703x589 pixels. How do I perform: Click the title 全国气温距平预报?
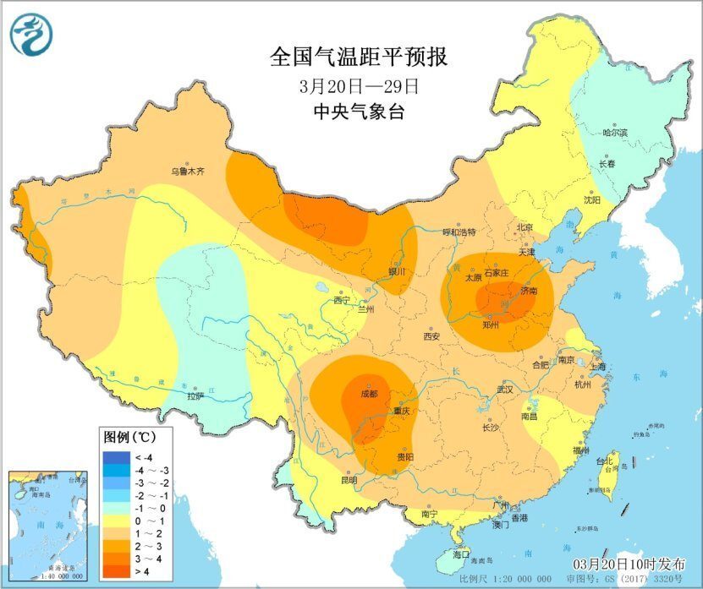coord(358,57)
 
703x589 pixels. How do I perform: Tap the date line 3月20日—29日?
coord(360,85)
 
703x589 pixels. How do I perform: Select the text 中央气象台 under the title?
coord(359,111)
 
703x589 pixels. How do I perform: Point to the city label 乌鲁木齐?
coord(188,171)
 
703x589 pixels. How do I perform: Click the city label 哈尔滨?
coord(615,133)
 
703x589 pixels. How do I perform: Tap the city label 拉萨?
coord(195,395)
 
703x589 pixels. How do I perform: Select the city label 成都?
coord(368,394)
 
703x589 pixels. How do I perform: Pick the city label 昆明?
coord(349,480)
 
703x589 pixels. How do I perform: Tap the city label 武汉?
coord(506,391)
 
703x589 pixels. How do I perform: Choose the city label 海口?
coord(461,554)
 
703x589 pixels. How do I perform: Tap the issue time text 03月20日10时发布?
coord(627,564)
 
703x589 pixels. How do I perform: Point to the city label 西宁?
coord(342,300)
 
